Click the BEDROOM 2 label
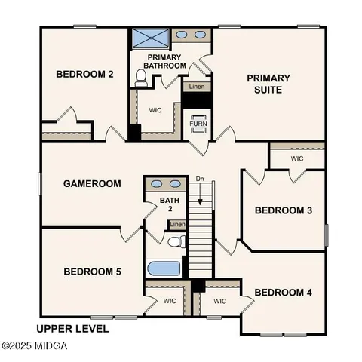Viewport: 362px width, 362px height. point(85,74)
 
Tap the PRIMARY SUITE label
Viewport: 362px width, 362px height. point(268,84)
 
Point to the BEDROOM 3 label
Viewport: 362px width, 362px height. point(283,210)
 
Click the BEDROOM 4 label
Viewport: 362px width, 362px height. point(283,292)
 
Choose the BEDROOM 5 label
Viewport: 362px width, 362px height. point(92,271)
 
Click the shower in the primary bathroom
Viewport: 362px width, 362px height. point(147,38)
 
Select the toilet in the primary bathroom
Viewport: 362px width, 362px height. point(141,76)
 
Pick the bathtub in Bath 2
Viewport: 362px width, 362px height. point(163,268)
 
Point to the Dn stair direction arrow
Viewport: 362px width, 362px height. point(201,198)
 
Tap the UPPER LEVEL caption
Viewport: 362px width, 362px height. point(72,329)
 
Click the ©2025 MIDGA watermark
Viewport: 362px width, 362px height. point(35,346)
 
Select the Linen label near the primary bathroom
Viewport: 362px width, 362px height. point(196,87)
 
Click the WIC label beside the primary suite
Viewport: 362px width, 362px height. point(297,158)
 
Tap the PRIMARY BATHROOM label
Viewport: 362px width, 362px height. point(167,61)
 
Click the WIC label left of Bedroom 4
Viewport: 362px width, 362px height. point(219,301)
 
